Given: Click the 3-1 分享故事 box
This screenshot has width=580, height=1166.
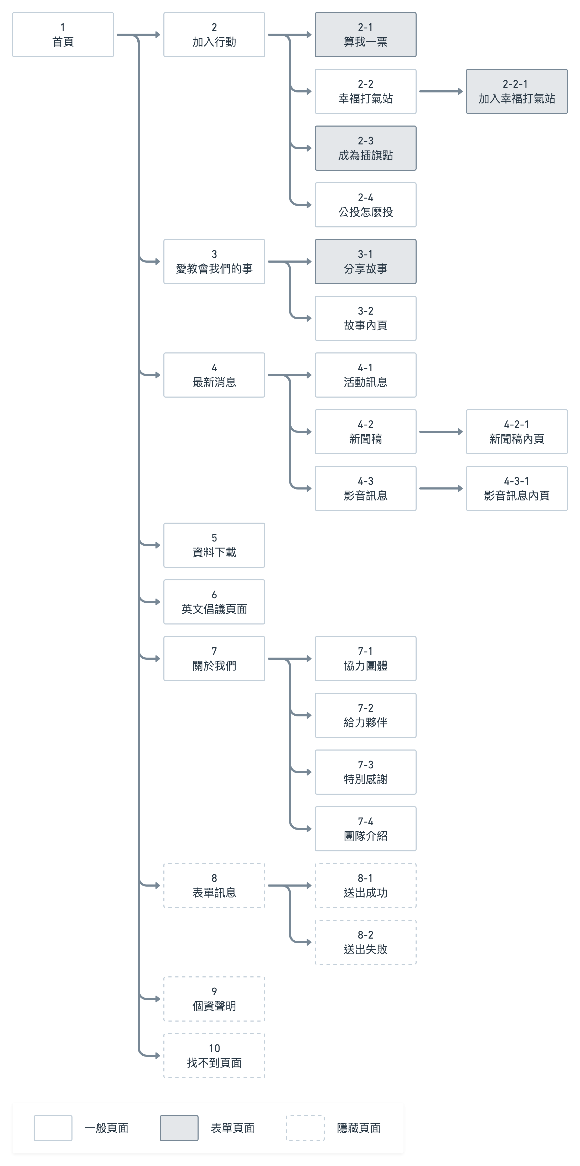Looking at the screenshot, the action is (365, 262).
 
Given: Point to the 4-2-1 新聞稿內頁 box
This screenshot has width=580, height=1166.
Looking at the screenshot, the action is (517, 432).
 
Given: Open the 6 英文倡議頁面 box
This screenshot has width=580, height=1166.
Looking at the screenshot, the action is (214, 602).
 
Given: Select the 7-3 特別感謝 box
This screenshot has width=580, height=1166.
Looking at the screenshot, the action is (365, 772).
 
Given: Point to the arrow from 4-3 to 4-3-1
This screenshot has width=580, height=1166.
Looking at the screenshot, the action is (441, 488).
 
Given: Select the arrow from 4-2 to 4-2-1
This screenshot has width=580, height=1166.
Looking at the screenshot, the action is (441, 432).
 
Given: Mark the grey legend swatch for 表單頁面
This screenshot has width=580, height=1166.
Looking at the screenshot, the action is (179, 1128).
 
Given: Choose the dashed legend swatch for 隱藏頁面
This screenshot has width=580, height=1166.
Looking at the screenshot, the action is (305, 1128).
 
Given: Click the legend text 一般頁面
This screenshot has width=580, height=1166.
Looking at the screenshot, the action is (106, 1128).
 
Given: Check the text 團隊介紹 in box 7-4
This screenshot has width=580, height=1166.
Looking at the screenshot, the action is (365, 836).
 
